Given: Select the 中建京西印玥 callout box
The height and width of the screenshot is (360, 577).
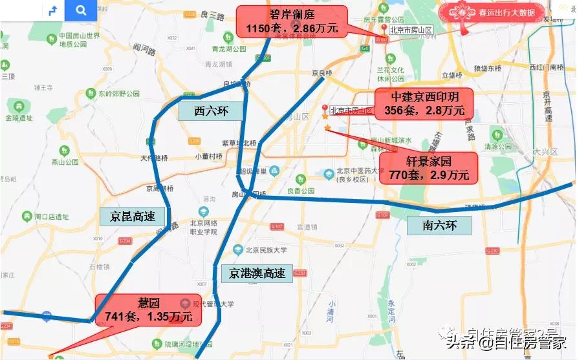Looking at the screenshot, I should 424,103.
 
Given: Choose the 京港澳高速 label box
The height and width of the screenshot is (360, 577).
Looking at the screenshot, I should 257,273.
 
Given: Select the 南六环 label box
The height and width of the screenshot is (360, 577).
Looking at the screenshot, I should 439,226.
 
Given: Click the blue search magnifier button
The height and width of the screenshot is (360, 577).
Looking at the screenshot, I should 80,10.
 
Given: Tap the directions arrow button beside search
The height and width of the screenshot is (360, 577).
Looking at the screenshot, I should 53,10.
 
